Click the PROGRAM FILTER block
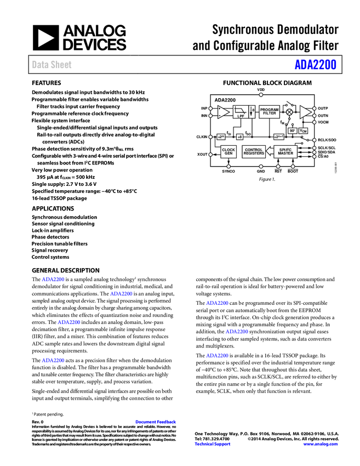(x=269, y=112)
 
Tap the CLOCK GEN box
(x=228, y=152)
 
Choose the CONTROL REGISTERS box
(x=254, y=152)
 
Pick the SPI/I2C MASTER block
(x=285, y=152)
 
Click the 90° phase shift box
(x=293, y=130)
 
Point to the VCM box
(x=304, y=130)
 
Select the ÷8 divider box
(x=239, y=137)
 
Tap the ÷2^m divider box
(x=221, y=137)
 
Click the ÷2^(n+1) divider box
(x=279, y=137)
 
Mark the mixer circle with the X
(x=289, y=112)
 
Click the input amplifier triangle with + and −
(x=223, y=112)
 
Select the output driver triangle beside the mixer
(x=305, y=112)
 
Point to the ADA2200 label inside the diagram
(x=225, y=100)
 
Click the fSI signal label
(x=229, y=133)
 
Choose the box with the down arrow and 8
(x=252, y=112)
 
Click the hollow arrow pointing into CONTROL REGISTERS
(x=270, y=152)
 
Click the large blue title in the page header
(x=315, y=64)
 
